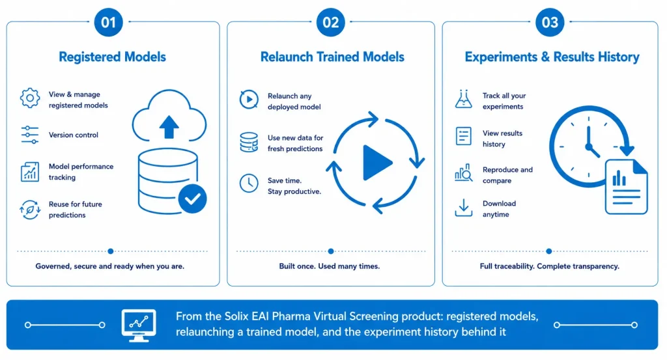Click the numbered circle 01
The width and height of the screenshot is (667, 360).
click(109, 22)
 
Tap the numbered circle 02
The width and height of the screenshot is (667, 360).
click(330, 22)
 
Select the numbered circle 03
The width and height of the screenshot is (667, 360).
click(550, 22)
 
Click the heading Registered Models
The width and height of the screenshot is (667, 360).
click(112, 57)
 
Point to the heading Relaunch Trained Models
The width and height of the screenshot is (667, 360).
click(332, 57)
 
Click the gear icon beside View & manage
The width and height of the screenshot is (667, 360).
click(30, 98)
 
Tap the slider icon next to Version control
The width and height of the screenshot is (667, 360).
click(30, 135)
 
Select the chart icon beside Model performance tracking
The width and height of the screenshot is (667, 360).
click(30, 172)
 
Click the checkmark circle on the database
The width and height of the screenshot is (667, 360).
click(193, 199)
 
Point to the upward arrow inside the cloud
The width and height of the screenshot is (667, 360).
click(169, 127)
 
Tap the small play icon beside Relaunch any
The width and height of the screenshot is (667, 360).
click(249, 100)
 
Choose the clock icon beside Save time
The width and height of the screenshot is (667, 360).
click(249, 183)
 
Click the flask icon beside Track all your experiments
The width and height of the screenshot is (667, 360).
click(463, 99)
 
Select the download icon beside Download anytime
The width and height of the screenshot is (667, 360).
click(463, 208)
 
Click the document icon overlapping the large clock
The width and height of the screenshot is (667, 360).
click(626, 187)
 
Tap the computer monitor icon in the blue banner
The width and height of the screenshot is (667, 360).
click(139, 325)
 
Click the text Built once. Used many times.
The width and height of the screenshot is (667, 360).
click(329, 266)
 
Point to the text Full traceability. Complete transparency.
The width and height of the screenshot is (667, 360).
click(550, 266)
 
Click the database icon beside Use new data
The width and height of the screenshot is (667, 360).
click(249, 142)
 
